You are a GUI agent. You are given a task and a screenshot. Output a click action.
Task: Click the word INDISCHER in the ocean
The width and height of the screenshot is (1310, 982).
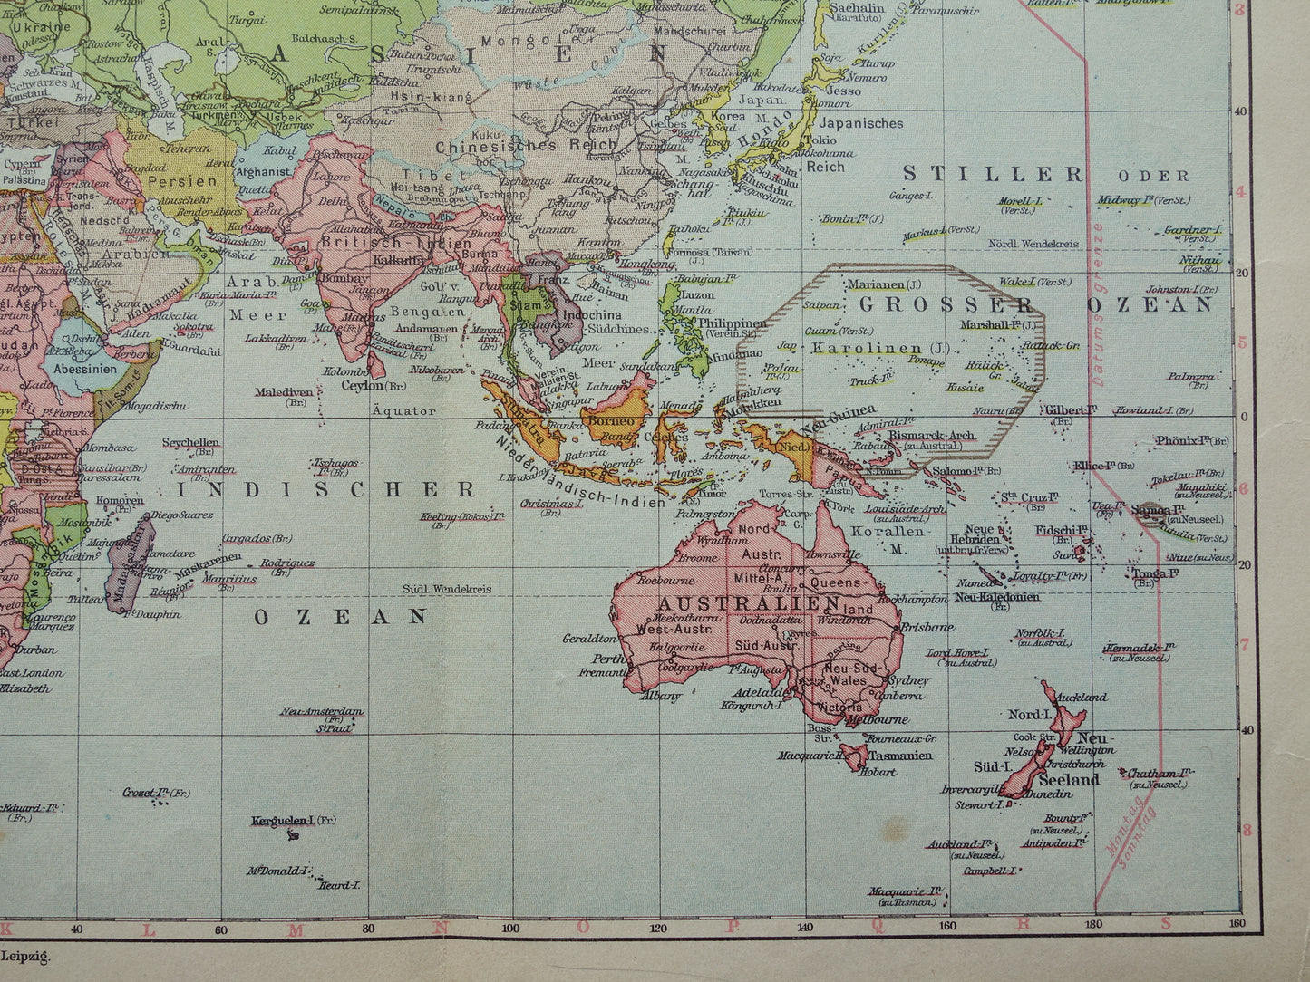coord(325,490)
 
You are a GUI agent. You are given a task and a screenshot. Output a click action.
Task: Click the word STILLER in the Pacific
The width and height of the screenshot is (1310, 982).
coord(993,174)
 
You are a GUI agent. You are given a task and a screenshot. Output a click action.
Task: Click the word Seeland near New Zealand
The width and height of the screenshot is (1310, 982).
coord(1069,779)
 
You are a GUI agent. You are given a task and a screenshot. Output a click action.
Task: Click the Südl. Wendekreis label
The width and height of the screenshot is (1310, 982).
coord(450,589)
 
